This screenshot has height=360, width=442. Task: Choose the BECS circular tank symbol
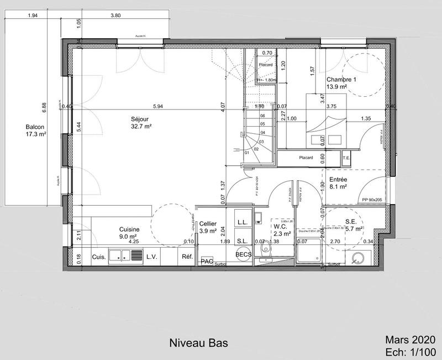243,255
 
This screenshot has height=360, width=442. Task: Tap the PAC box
207,260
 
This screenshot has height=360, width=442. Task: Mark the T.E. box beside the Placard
346,157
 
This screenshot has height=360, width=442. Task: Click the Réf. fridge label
186,257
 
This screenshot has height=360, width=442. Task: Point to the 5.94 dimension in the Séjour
158,106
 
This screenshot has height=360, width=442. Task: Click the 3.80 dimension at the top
115,15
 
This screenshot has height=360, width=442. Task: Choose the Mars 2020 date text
411,340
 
